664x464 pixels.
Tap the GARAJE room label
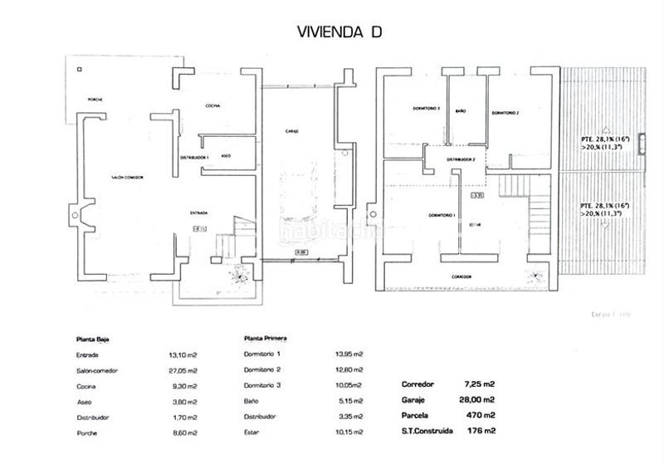click(290, 131)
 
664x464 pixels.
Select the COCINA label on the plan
click(212, 105)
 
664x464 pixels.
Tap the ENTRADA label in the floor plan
click(198, 212)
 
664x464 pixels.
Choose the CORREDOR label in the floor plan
click(461, 276)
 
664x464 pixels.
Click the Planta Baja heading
click(93, 339)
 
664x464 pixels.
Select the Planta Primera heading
click(266, 339)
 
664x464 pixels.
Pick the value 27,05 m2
click(183, 370)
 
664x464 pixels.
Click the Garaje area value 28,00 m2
click(479, 399)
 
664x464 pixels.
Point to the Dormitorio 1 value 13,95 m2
click(348, 354)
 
